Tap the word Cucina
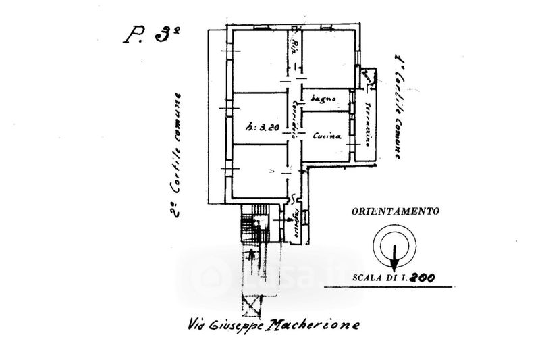(x=327, y=136)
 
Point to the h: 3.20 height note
(x=261, y=126)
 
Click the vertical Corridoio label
(x=295, y=115)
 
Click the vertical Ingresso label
(x=295, y=222)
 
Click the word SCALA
(x=369, y=276)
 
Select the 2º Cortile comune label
(x=177, y=154)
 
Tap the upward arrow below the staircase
(x=252, y=257)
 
